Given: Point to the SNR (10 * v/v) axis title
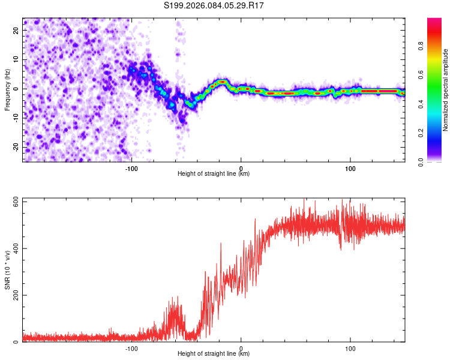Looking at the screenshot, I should (x=7, y=270).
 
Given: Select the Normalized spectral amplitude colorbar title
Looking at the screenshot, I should (x=445, y=90).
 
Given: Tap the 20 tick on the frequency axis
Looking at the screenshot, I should (x=16, y=30).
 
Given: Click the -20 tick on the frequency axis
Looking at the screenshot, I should (x=15, y=148).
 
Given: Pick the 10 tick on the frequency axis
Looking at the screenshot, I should (x=16, y=59).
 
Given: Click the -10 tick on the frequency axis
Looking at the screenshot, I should (x=15, y=118).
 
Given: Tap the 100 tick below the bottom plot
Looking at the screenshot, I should (x=350, y=349).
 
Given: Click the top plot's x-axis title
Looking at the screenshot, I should (x=214, y=174).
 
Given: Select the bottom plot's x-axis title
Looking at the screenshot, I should (x=214, y=354).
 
